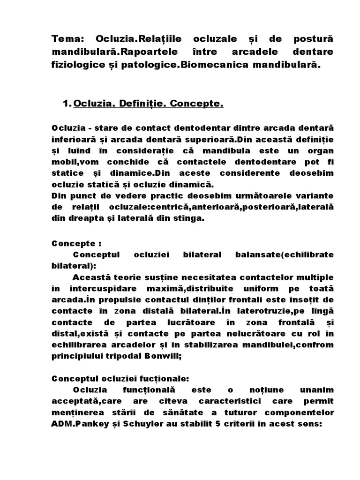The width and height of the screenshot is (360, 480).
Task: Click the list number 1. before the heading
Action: pos(66,104)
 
